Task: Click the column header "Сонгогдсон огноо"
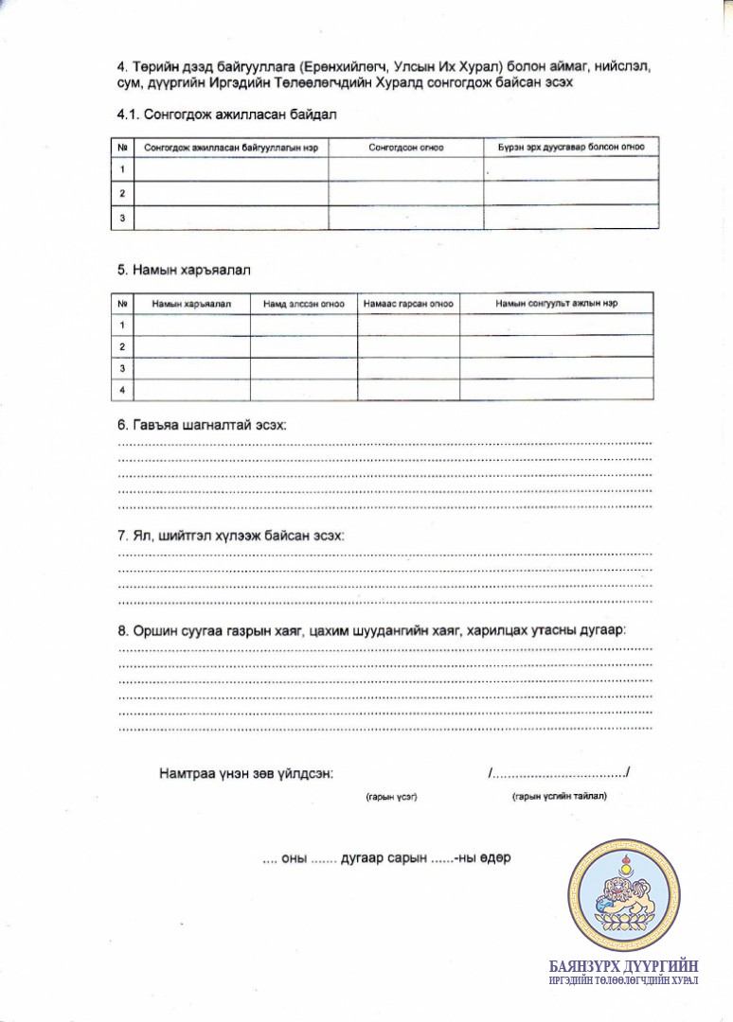click(405, 149)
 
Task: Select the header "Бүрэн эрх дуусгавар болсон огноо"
click(571, 149)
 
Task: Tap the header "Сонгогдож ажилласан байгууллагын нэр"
click(230, 149)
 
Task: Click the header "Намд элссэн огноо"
click(303, 304)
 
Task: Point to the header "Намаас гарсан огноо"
click(408, 304)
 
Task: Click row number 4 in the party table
click(123, 390)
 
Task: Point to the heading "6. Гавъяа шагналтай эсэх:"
click(202, 426)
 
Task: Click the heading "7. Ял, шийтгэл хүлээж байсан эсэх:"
click(231, 536)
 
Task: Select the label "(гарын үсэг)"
click(391, 797)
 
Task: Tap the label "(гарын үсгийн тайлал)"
click(559, 797)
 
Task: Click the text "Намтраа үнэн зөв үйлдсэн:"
click(245, 773)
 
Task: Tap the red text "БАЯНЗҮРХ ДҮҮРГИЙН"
click(624, 966)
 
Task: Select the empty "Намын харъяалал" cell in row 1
click(192, 325)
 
